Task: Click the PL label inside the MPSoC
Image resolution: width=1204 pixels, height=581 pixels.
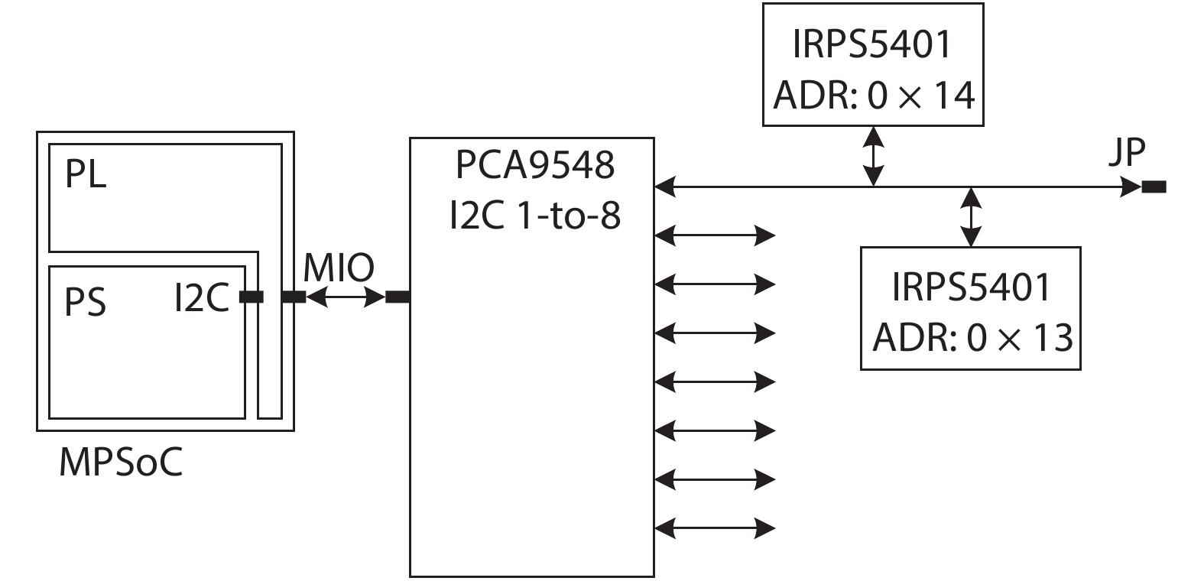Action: tap(86, 175)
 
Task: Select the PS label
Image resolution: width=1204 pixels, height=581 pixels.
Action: tap(85, 301)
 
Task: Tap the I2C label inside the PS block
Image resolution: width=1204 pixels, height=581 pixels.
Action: tap(202, 297)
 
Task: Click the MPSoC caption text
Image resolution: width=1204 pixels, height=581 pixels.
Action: tap(121, 463)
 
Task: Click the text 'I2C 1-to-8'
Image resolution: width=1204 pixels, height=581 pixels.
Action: tap(534, 216)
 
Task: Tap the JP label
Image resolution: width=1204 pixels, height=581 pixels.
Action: tap(1127, 154)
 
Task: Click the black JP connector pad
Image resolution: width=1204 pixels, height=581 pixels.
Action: tap(1154, 187)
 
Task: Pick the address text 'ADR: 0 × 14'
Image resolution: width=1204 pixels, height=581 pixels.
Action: tap(874, 96)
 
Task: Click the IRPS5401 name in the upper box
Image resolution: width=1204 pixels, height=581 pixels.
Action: tap(873, 44)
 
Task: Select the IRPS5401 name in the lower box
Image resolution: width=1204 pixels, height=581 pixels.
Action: tap(972, 287)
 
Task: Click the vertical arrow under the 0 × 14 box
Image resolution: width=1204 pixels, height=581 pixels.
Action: tap(874, 156)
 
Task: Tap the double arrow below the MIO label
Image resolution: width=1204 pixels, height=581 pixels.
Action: tap(346, 297)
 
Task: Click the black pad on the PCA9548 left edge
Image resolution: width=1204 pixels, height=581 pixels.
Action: tap(397, 297)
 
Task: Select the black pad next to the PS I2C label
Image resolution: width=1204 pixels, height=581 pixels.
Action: tap(251, 297)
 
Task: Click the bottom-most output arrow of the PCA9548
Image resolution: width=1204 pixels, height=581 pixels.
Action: tap(716, 527)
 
